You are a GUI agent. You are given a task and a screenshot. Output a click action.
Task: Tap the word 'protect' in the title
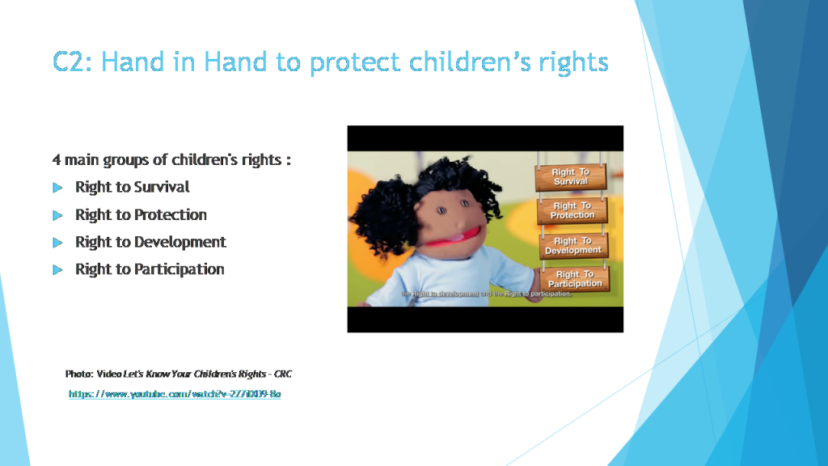tap(353, 61)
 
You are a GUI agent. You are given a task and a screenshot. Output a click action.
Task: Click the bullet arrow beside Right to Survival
tap(57, 188)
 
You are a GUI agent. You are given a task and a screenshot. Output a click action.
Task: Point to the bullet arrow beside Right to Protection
tap(57, 215)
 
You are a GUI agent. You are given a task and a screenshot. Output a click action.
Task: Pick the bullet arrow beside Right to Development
tap(57, 243)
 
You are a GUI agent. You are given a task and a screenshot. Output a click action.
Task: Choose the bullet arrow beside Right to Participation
tap(57, 270)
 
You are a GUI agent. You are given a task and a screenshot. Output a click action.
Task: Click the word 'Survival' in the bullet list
tap(162, 187)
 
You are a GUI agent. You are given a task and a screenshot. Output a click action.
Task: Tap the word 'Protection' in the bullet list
tap(171, 214)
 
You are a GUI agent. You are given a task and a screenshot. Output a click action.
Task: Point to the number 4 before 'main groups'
tap(57, 160)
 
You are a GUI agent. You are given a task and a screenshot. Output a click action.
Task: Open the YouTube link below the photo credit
tap(175, 394)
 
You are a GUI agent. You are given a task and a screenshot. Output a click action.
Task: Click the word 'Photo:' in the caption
tap(79, 374)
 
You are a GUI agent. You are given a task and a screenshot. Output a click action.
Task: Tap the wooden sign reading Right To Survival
tap(571, 177)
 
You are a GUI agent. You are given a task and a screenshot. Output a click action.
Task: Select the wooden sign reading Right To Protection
tap(572, 211)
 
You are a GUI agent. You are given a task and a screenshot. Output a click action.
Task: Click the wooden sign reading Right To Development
tap(573, 246)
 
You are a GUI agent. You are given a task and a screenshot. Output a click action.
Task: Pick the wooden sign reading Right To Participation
tap(575, 279)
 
